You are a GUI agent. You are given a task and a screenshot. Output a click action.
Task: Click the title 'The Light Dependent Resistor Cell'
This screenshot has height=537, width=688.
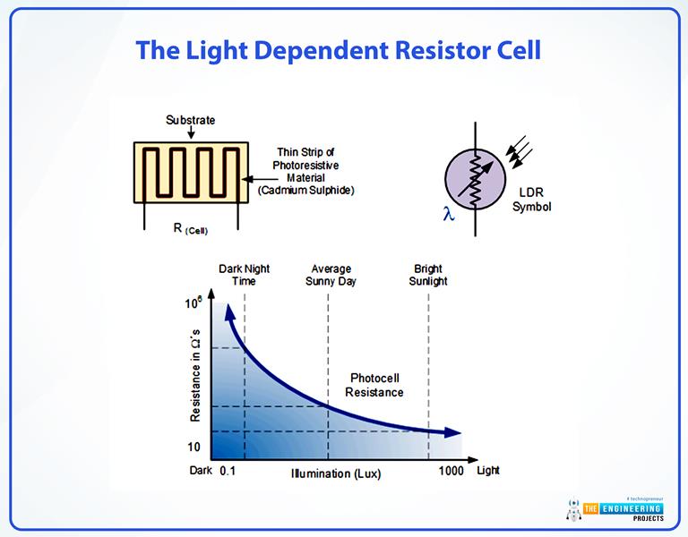tap(338, 50)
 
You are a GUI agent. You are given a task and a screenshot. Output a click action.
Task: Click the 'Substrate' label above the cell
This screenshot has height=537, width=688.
tap(190, 120)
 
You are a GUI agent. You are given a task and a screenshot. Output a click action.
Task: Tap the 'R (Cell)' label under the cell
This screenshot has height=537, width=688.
tap(189, 229)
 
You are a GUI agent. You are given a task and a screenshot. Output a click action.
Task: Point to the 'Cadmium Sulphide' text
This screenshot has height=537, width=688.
tap(305, 191)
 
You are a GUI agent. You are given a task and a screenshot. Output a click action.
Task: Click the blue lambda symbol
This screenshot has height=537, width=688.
tap(449, 213)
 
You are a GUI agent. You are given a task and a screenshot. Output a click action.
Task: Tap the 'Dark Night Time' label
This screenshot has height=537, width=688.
tap(244, 275)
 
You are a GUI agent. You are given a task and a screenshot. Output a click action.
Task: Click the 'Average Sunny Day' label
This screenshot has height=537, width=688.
tap(331, 275)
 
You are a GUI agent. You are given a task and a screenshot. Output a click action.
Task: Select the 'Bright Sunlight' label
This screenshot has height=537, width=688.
tap(427, 275)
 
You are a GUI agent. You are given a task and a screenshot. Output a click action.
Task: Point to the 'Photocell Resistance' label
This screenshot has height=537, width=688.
tap(375, 386)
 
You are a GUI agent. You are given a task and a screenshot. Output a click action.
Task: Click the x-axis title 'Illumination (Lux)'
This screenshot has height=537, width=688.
tap(336, 473)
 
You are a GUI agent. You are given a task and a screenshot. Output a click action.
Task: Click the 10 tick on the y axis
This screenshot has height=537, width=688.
tap(193, 447)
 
